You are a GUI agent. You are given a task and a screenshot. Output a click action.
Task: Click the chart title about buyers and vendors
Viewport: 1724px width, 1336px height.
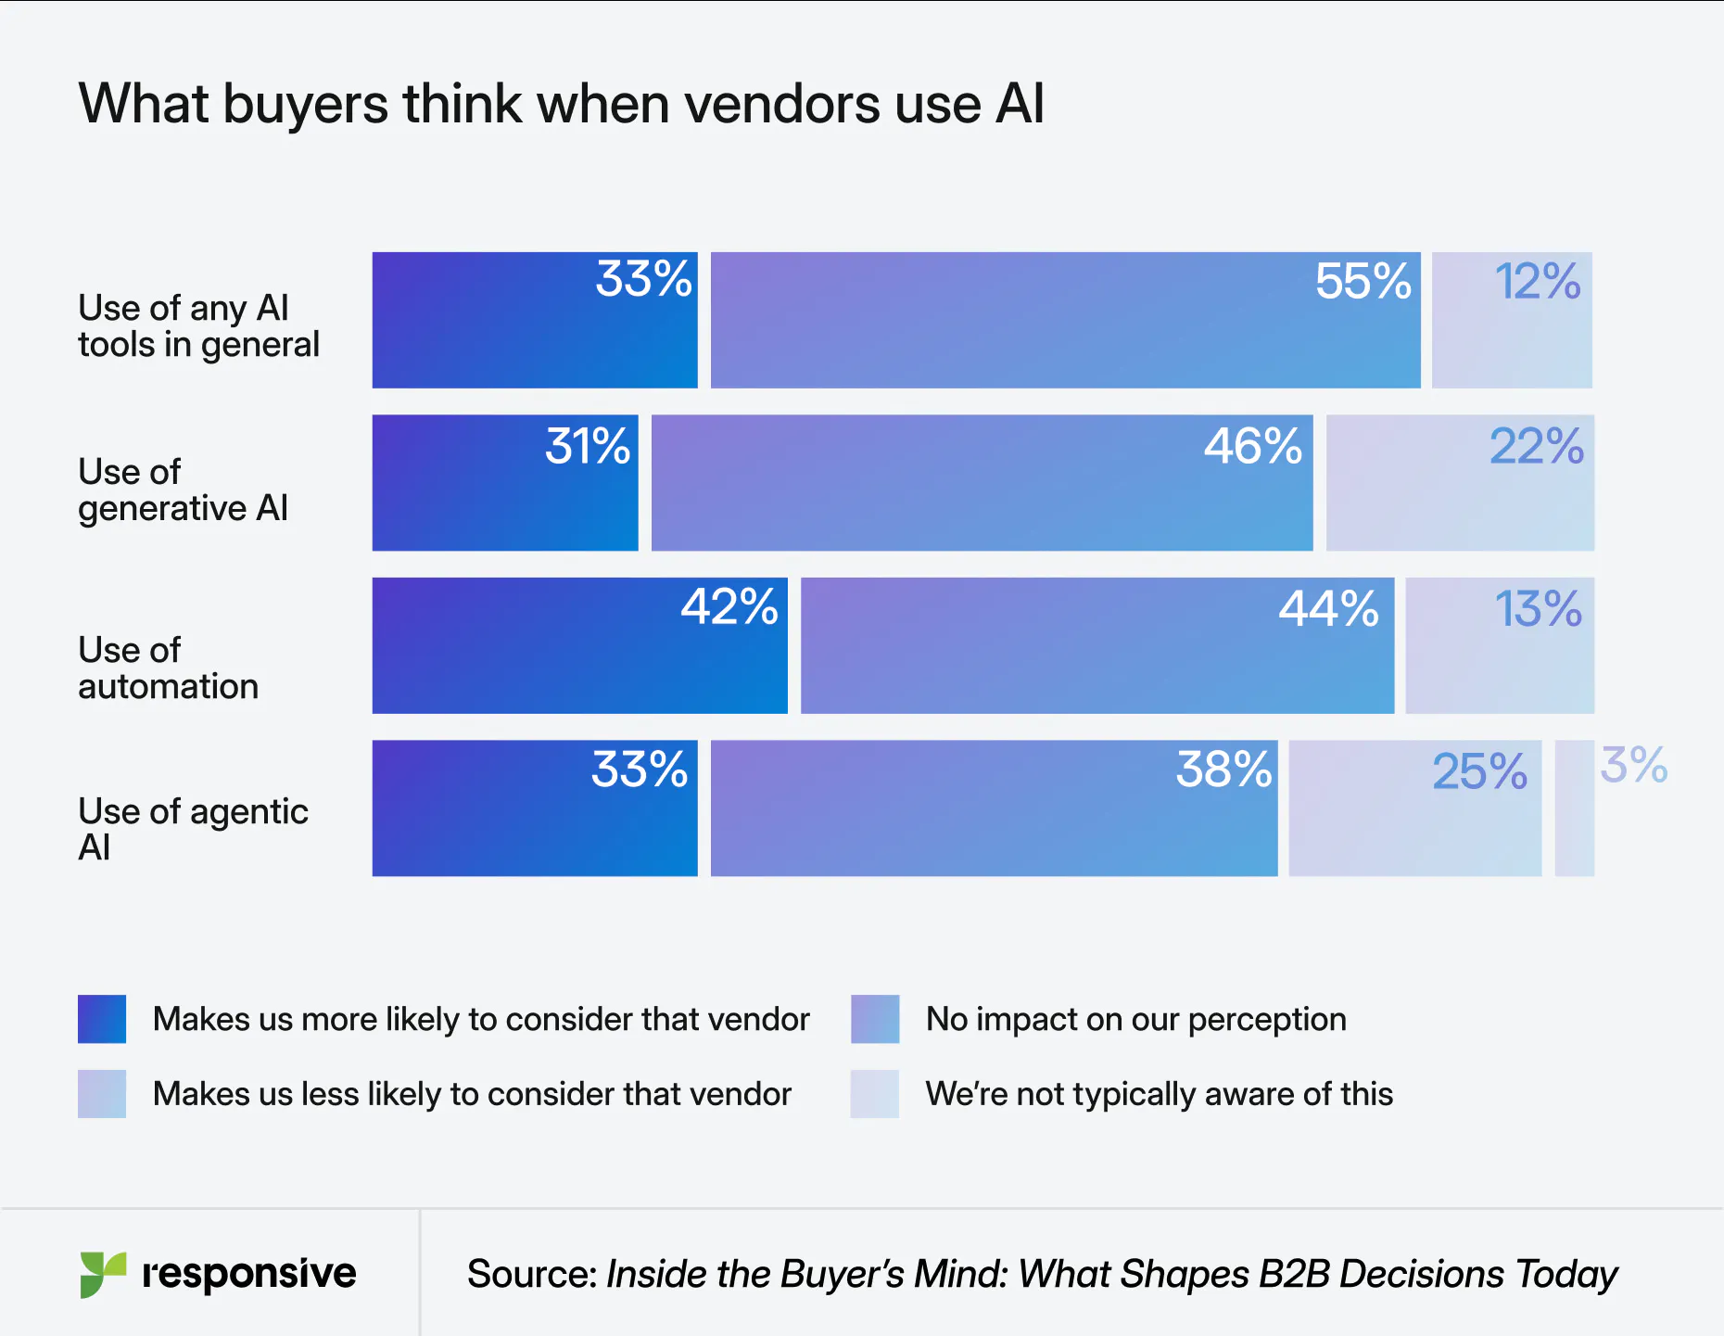(561, 103)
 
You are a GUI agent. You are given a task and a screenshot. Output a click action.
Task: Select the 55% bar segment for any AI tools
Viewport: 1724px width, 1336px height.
(1064, 321)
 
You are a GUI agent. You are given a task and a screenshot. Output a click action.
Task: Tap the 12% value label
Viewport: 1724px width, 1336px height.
(1537, 281)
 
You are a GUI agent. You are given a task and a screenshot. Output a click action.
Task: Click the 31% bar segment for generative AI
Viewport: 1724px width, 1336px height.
(504, 483)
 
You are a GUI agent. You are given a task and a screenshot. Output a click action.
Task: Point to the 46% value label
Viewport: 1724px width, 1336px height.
(1252, 446)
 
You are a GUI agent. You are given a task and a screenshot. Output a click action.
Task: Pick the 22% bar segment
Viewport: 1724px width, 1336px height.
(1459, 483)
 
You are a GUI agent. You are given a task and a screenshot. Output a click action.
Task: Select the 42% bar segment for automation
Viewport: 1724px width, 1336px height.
(579, 646)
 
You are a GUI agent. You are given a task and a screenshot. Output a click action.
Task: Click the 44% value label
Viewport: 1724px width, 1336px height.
(1327, 609)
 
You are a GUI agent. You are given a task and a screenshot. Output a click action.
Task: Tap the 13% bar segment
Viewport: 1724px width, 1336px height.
(1499, 646)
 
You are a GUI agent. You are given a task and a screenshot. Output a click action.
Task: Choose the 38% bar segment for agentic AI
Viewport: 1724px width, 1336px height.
(993, 808)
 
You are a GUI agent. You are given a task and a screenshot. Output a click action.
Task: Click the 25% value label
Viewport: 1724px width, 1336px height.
(1479, 771)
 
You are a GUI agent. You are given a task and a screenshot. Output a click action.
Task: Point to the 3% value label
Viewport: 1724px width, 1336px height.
(1633, 766)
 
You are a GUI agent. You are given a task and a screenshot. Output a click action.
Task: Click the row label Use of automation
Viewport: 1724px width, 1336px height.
(168, 668)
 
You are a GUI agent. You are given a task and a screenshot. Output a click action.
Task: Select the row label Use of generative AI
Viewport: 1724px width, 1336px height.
(183, 490)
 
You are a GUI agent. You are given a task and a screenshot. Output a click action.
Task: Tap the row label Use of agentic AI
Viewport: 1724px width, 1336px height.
(192, 829)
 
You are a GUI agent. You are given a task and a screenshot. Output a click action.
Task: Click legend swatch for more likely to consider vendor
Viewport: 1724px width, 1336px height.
(102, 1019)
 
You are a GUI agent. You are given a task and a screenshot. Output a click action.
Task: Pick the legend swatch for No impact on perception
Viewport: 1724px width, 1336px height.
(875, 1019)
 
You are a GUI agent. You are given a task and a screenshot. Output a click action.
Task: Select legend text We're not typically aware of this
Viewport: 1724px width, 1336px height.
(1159, 1094)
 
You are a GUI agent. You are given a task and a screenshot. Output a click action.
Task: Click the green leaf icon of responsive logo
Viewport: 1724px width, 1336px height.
(102, 1274)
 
